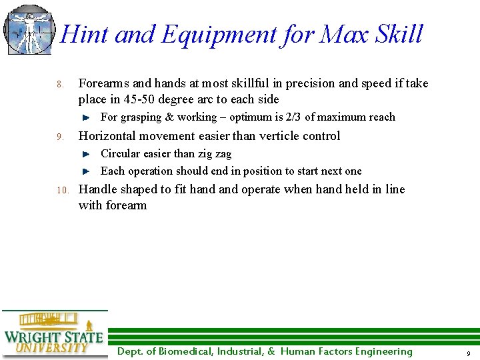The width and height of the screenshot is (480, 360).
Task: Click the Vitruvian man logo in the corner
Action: [x=28, y=30]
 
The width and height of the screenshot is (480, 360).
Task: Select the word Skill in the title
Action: [x=398, y=34]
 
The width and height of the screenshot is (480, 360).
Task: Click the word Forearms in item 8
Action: [x=104, y=83]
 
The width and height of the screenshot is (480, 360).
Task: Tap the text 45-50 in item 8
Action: [x=139, y=99]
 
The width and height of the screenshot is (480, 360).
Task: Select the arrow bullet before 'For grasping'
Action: [x=86, y=117]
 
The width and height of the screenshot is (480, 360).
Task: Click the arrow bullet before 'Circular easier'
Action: [x=86, y=154]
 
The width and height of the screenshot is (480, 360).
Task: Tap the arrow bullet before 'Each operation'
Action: [x=86, y=171]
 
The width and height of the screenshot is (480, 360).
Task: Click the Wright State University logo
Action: [x=53, y=335]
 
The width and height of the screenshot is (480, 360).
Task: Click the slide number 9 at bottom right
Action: [x=469, y=353]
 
